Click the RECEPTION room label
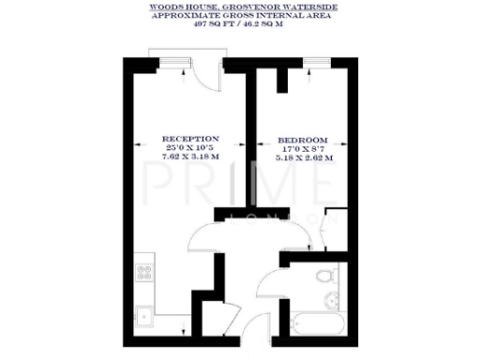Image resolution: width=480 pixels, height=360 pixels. [x=189, y=136]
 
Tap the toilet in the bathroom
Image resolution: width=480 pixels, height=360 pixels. [x=324, y=278]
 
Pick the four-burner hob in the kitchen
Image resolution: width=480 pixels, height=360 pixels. [x=145, y=274]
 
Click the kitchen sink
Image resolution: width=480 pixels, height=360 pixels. [x=145, y=316]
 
